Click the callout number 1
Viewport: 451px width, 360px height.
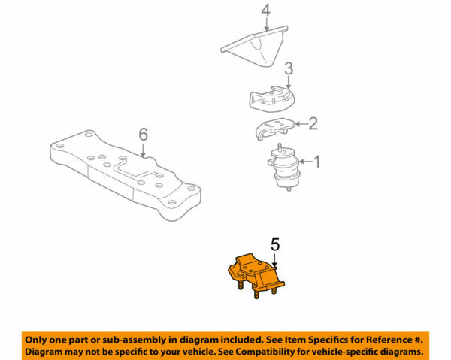click(x=316, y=161)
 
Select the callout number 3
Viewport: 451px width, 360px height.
click(x=288, y=69)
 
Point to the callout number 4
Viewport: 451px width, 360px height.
click(x=265, y=11)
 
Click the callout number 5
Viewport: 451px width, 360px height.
click(x=275, y=244)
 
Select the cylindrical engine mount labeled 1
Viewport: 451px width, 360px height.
click(x=283, y=167)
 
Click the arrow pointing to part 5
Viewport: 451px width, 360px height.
click(x=275, y=259)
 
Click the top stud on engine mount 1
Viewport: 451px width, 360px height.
click(x=280, y=147)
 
